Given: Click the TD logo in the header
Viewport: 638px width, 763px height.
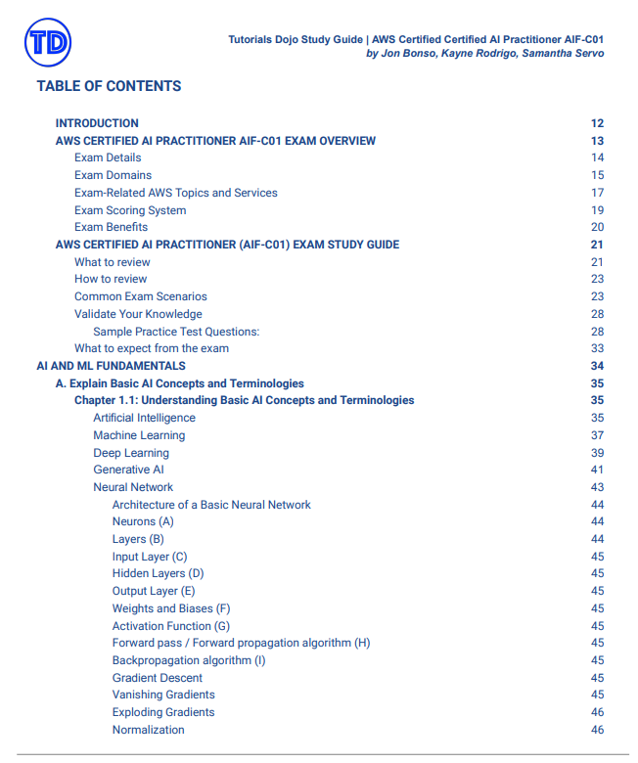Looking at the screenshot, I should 48,42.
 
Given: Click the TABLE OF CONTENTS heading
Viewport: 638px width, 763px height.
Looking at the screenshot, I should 109,86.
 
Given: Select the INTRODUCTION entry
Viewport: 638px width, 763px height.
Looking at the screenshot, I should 97,123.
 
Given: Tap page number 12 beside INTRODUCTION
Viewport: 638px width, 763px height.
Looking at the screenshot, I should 597,123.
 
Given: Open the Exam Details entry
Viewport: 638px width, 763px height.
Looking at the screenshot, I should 108,157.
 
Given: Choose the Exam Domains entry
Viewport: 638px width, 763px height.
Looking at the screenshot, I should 113,175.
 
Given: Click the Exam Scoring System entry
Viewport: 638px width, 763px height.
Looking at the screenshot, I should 130,210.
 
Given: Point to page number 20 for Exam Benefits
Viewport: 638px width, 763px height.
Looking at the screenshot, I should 597,227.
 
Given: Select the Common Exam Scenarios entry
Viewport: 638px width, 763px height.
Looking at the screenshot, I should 141,296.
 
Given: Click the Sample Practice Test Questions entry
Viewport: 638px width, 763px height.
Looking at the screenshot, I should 176,332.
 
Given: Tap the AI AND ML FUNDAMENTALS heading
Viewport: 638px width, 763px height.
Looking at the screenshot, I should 111,366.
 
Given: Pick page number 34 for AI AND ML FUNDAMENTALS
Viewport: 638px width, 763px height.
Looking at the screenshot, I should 597,366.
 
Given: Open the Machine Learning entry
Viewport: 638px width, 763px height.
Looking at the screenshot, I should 139,435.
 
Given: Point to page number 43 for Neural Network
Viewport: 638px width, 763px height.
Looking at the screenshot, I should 597,487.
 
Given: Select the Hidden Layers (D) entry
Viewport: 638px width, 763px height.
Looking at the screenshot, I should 158,573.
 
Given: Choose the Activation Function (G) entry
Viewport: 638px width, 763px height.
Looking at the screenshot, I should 171,626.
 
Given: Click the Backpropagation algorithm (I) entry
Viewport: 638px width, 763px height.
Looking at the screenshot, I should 189,660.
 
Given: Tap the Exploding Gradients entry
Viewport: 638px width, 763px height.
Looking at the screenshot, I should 163,712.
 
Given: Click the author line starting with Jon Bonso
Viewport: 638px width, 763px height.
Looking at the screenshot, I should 484,53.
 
